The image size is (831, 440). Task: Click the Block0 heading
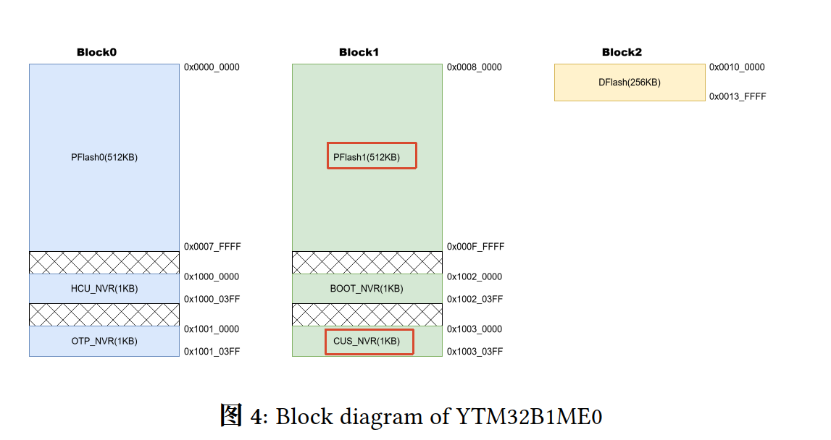click(96, 52)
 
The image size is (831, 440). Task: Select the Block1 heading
click(359, 52)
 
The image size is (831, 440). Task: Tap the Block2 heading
click(622, 52)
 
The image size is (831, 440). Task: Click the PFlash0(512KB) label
click(104, 157)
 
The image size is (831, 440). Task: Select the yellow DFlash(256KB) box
click(630, 82)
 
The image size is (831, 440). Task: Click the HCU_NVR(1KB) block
click(104, 289)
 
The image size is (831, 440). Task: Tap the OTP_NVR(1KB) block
click(104, 341)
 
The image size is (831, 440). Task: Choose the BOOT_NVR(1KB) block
click(367, 289)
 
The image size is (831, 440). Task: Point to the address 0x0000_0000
click(212, 67)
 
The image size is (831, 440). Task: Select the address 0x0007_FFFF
click(212, 246)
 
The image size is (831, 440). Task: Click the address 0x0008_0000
click(475, 67)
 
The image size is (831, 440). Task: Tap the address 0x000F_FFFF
click(475, 246)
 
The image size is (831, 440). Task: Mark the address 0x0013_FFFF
click(738, 96)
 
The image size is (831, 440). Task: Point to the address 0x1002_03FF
click(475, 299)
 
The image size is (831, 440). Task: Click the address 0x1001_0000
click(212, 329)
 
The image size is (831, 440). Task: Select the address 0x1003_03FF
click(475, 352)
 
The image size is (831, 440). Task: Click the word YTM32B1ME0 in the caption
click(529, 417)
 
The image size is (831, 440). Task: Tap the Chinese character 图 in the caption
click(232, 415)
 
